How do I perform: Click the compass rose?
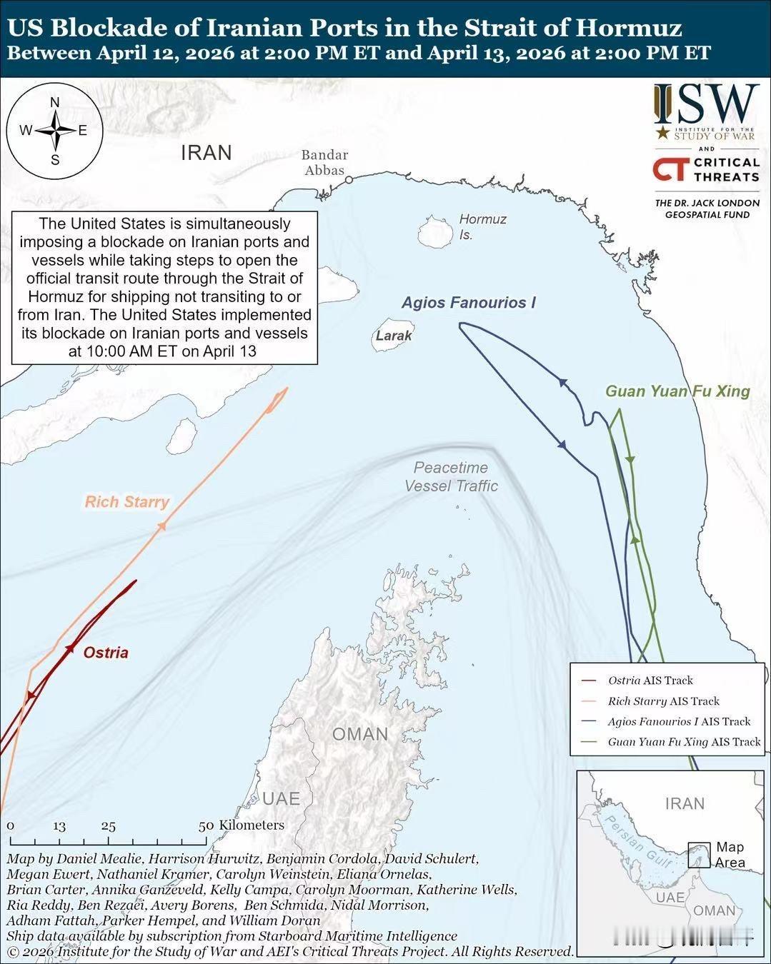pos(55,131)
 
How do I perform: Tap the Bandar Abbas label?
pos(324,163)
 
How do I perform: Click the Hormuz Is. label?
pos(482,226)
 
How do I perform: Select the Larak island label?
pos(394,336)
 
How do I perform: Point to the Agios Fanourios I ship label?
pos(469,303)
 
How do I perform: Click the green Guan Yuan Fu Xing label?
pos(677,391)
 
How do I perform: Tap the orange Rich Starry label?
pos(126,502)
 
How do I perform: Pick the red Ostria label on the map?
pos(106,653)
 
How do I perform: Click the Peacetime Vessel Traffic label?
pos(451,477)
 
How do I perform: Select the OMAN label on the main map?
pos(360,734)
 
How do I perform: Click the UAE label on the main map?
pos(281,798)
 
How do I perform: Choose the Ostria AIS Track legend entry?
pos(650,681)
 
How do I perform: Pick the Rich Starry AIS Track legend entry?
pos(663,701)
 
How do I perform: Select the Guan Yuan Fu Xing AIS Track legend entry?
pos(684,742)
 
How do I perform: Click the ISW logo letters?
pos(706,104)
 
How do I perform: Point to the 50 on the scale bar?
pos(207,825)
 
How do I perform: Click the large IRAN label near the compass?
pos(207,153)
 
